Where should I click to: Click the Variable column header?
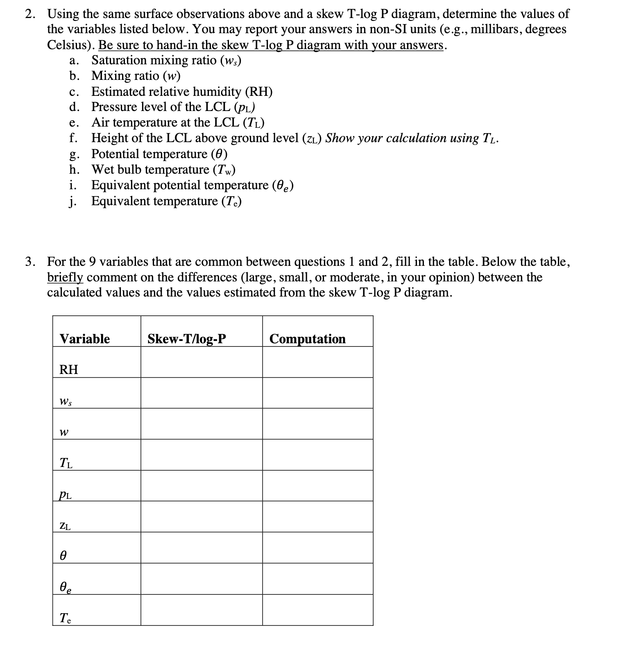click(x=85, y=339)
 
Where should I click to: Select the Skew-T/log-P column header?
click(x=187, y=339)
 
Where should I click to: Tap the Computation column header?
click(x=308, y=339)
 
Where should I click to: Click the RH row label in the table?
click(x=69, y=369)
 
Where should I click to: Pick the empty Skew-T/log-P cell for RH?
click(x=202, y=362)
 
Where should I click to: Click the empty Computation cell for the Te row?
click(x=317, y=610)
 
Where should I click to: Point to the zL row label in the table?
click(x=65, y=526)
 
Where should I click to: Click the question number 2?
click(x=30, y=14)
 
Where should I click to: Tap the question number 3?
click(x=30, y=261)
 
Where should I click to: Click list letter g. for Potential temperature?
click(x=74, y=154)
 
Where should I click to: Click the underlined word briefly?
click(x=65, y=277)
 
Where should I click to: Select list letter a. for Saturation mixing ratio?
click(x=74, y=61)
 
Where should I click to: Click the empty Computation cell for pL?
click(x=317, y=486)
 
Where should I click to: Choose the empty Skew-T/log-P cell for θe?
click(x=202, y=579)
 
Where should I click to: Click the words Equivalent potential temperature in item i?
click(x=180, y=185)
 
